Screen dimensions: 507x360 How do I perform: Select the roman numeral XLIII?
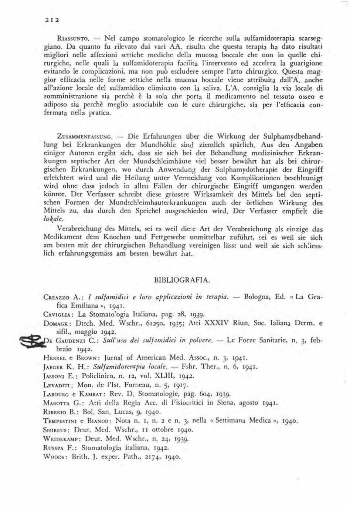(159, 376)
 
